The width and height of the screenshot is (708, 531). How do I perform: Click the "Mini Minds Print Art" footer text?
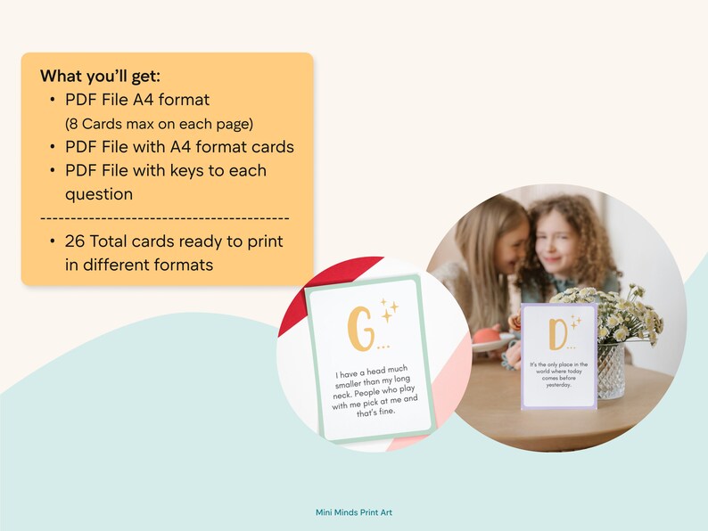coord(354,512)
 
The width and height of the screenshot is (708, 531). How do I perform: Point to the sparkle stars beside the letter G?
coord(389,309)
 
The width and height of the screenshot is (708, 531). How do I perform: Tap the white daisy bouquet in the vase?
coord(615,312)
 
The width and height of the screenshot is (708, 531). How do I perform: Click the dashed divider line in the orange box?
coord(165,217)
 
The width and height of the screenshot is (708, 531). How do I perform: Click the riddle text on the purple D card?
coord(557,374)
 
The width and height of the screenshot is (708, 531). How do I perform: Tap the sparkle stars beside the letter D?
coord(576,322)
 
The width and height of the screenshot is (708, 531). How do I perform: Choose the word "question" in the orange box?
coord(99,193)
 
